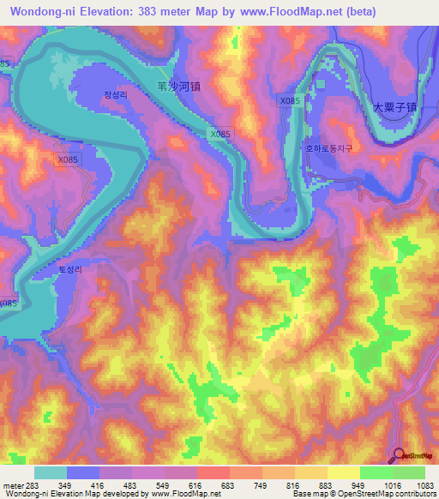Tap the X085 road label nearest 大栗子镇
point(290,101)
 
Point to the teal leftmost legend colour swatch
point(51,472)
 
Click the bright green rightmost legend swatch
point(409,472)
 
